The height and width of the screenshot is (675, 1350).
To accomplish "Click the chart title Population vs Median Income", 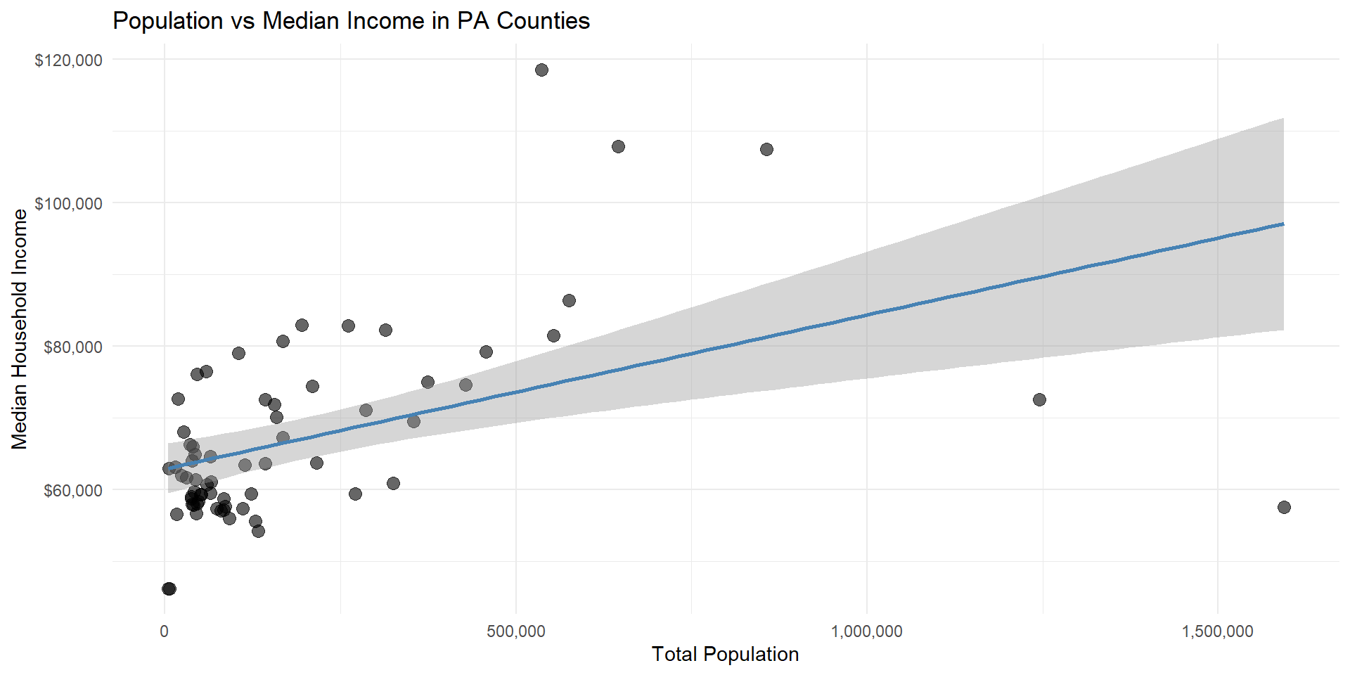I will pos(351,21).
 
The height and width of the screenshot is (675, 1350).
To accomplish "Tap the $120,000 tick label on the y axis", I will pos(68,60).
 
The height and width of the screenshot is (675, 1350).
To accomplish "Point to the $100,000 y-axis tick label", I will pos(68,204).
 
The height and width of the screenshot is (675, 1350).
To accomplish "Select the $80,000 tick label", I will pos(72,347).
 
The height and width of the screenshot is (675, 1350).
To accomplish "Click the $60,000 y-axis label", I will pos(72,491).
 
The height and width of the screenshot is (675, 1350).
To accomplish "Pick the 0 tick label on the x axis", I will pos(165,631).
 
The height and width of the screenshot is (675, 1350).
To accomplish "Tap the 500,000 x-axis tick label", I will pos(515,631).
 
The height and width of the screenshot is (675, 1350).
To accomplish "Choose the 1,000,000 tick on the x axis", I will pos(866,631).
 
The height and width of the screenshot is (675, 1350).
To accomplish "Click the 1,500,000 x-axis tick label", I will pos(1217,631).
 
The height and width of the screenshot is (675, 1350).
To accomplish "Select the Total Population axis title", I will pos(725,655).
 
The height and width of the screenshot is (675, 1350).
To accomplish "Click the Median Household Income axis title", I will pos(20,329).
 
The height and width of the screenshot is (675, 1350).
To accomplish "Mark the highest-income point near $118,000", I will pos(541,70).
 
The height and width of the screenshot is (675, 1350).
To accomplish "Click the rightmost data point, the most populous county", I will pos(1284,507).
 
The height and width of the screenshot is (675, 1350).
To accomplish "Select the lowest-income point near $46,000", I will pos(169,589).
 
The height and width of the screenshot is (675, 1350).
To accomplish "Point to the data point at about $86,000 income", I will pos(569,300).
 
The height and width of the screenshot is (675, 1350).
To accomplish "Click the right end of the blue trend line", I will pos(1282,224).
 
